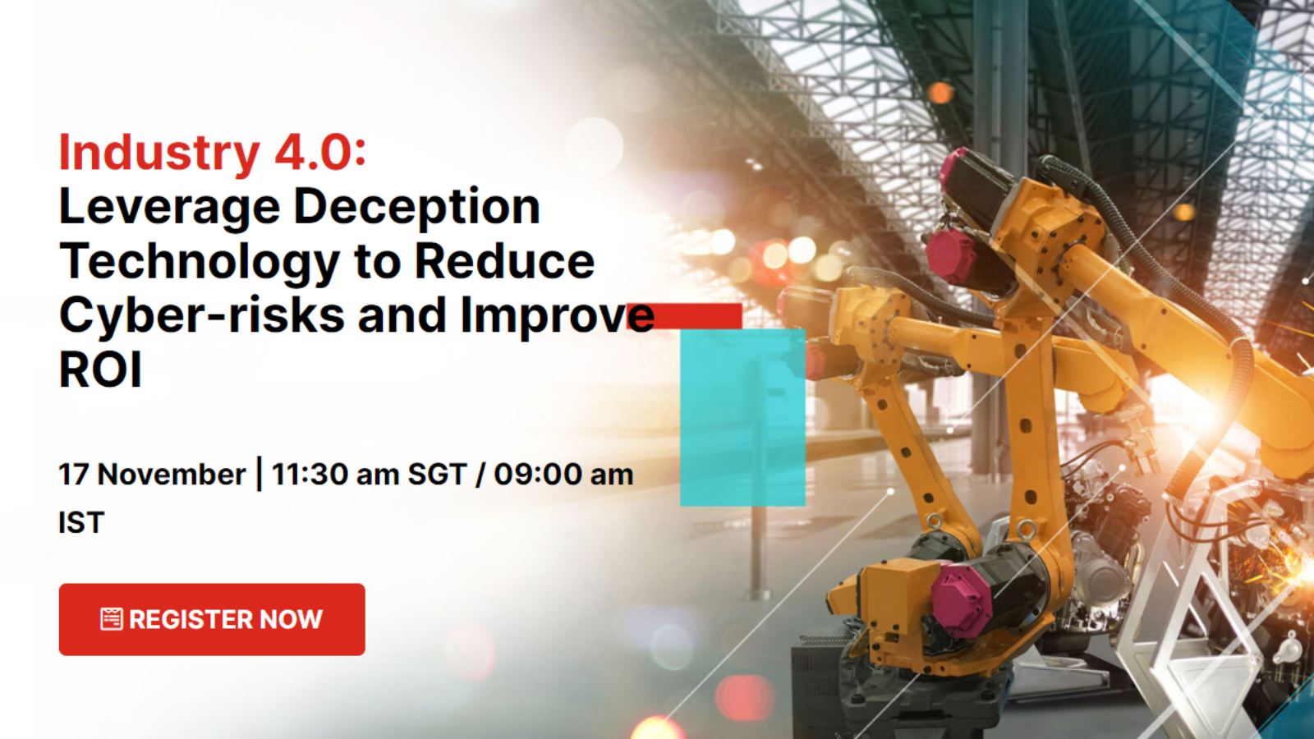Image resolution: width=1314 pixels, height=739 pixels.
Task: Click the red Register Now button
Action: click(212, 619)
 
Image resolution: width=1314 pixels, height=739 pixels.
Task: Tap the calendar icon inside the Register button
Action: click(112, 619)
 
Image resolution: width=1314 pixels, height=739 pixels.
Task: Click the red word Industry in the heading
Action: click(159, 153)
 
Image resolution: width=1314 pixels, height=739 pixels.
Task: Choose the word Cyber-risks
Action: click(202, 315)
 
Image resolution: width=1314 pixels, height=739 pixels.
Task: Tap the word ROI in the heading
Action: click(100, 370)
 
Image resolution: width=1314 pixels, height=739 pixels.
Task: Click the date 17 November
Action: click(152, 474)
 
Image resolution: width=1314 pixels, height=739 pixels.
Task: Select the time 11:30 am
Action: click(335, 474)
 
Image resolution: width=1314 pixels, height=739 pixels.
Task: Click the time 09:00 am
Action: click(563, 474)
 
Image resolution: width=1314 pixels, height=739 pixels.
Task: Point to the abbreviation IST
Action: click(81, 522)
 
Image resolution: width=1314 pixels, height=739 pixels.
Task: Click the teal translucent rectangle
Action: click(742, 417)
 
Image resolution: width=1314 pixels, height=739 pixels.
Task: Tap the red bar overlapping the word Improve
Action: click(685, 315)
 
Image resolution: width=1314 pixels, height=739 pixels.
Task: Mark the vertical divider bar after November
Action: click(259, 473)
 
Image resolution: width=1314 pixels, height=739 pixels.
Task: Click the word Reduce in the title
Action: click(504, 262)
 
